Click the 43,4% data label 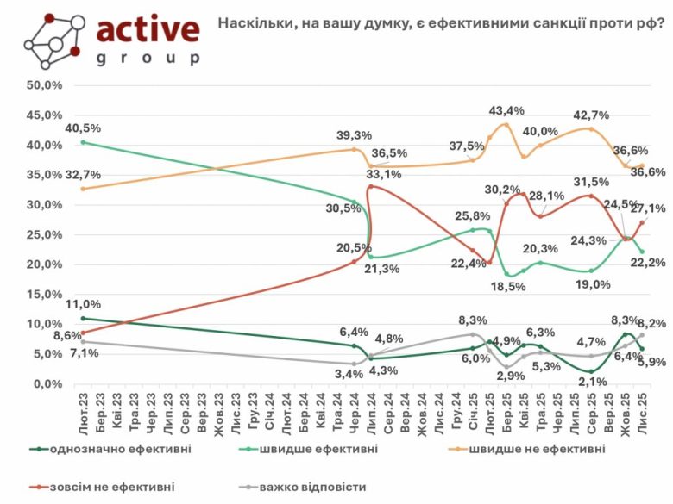pos(506,111)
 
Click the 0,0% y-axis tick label pos(47,384)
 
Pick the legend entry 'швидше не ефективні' pos(532,449)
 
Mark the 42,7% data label pos(593,115)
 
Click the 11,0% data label pos(81,304)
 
